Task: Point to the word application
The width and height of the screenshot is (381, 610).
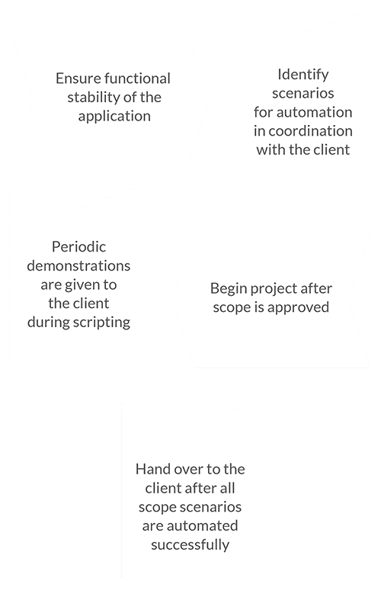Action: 114,117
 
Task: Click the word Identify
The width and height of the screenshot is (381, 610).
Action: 303,75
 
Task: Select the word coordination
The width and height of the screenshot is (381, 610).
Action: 310,131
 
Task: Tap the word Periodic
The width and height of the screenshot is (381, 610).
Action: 79,246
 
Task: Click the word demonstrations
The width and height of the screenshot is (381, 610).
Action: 78,265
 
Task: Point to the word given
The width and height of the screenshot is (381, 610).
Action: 82,285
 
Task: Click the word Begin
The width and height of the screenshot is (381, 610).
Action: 228,289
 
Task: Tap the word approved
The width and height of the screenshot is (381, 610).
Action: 298,308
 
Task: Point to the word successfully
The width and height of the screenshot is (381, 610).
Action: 190,545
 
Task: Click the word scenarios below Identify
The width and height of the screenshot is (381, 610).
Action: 303,93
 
